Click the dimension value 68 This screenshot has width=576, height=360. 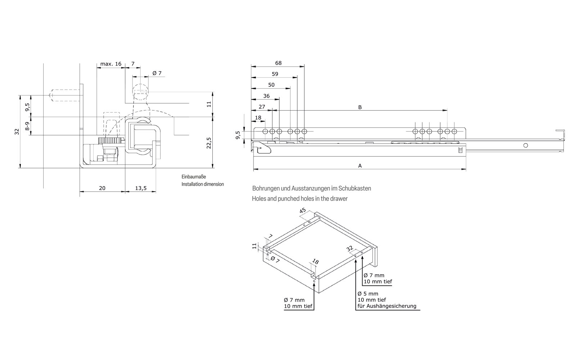pyautogui.click(x=278, y=63)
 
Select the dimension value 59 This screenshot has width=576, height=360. pyautogui.click(x=275, y=74)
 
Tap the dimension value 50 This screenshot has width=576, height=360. pyautogui.click(x=271, y=85)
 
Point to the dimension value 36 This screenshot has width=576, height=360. pyautogui.click(x=266, y=96)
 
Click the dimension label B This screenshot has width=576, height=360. pyautogui.click(x=360, y=107)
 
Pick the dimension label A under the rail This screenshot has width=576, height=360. pyautogui.click(x=360, y=166)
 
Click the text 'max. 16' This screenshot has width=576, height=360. pyautogui.click(x=111, y=64)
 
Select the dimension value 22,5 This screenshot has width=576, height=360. pyautogui.click(x=209, y=143)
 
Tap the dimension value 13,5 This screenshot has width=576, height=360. pyautogui.click(x=140, y=188)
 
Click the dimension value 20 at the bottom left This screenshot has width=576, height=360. pyautogui.click(x=102, y=188)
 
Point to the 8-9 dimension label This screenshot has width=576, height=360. pyautogui.click(x=27, y=126)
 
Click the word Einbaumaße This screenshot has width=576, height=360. pyautogui.click(x=194, y=177)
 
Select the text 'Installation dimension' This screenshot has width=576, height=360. pyautogui.click(x=202, y=184)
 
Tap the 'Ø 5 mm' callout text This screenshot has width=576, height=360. pyautogui.click(x=368, y=293)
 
